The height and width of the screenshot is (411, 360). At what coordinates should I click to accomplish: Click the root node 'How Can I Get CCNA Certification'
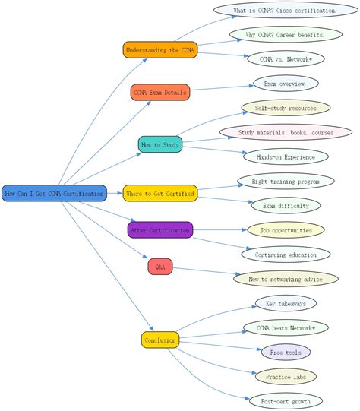pyautogui.click(x=54, y=194)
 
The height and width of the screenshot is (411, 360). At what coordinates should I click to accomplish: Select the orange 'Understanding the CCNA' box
pyautogui.click(x=159, y=50)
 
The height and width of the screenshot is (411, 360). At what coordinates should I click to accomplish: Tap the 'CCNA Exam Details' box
pyautogui.click(x=159, y=93)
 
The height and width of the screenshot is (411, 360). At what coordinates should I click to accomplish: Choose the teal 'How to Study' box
pyautogui.click(x=161, y=144)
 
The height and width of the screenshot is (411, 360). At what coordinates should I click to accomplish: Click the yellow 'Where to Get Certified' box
pyautogui.click(x=160, y=194)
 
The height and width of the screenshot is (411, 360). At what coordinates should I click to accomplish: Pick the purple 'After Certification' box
pyautogui.click(x=160, y=229)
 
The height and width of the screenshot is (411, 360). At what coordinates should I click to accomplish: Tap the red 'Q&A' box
pyautogui.click(x=160, y=267)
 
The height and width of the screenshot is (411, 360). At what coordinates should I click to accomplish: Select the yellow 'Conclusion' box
pyautogui.click(x=159, y=340)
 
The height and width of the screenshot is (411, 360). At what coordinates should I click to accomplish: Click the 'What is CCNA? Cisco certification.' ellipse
pyautogui.click(x=285, y=11)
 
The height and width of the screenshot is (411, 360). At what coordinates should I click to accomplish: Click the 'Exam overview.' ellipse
pyautogui.click(x=286, y=84)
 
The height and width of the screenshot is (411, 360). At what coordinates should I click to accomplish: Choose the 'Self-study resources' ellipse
pyautogui.click(x=286, y=108)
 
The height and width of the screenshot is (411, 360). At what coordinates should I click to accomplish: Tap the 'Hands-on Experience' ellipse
pyautogui.click(x=286, y=156)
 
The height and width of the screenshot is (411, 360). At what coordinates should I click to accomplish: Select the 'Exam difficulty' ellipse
pyautogui.click(x=286, y=205)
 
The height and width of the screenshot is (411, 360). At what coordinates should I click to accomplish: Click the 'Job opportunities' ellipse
pyautogui.click(x=286, y=229)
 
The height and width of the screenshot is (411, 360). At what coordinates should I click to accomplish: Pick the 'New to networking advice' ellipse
pyautogui.click(x=286, y=279)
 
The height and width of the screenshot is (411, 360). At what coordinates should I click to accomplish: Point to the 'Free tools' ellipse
pyautogui.click(x=286, y=353)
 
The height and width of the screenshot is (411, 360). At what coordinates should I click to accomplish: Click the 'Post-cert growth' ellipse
pyautogui.click(x=286, y=400)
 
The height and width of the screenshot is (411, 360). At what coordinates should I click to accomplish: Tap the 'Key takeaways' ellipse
pyautogui.click(x=286, y=303)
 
